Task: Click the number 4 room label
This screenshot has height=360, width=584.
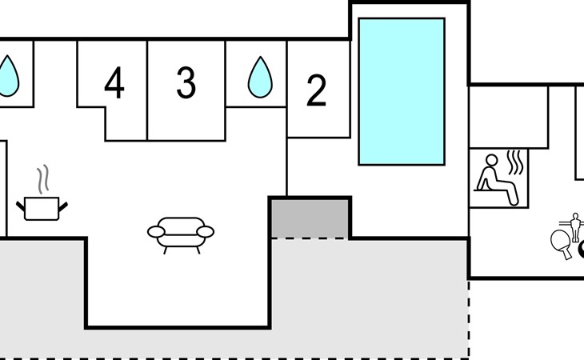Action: tap(114, 82)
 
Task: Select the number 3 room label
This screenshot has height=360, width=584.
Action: tap(186, 82)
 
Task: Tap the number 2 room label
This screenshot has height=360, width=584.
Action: tap(316, 90)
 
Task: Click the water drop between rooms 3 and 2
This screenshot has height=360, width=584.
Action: tap(260, 78)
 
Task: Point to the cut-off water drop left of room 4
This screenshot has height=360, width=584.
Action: tap(8, 76)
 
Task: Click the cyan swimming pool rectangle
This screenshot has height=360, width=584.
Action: tap(402, 91)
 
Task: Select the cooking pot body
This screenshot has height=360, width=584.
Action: tap(42, 209)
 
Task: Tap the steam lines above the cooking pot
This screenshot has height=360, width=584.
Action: tap(43, 179)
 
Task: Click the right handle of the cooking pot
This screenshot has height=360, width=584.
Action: tap(63, 206)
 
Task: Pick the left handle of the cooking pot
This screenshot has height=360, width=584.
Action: tap(21, 206)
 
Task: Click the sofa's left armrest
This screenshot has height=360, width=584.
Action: tap(156, 231)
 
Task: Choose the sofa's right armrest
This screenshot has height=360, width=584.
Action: tap(206, 231)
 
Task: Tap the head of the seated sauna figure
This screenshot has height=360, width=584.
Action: tap(492, 160)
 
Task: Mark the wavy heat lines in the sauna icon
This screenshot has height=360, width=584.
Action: tap(515, 162)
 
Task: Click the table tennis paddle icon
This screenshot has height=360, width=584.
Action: tap(562, 242)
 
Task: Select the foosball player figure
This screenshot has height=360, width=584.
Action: tap(575, 226)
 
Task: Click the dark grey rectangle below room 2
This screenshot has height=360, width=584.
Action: tap(310, 218)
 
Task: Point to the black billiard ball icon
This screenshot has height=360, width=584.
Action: tap(582, 250)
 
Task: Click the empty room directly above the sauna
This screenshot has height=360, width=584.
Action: tap(508, 118)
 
